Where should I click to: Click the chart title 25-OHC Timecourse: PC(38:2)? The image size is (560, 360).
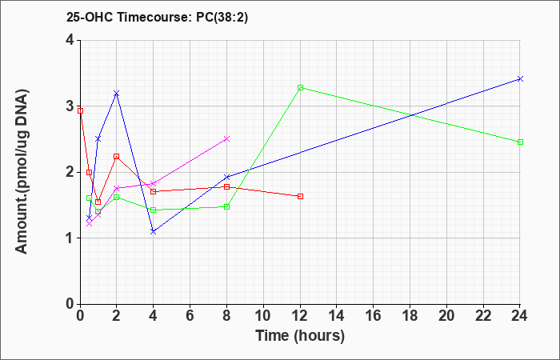point(157,18)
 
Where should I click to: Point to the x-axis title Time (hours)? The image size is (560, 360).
point(300,336)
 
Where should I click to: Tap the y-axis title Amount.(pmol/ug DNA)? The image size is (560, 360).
point(22,172)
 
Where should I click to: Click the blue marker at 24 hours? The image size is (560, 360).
point(520,79)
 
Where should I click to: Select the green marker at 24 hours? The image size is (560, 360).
point(520,142)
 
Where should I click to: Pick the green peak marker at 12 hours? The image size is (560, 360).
point(300,87)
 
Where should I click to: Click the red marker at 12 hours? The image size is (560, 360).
point(300,197)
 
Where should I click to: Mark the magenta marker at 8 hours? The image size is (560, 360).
point(226,138)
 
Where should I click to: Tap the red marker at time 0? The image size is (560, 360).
point(80,110)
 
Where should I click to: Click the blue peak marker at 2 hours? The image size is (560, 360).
point(116,94)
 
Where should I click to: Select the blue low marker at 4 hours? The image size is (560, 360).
point(154,232)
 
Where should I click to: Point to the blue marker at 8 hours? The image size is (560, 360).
point(226,177)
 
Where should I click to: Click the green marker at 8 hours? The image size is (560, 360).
point(226,206)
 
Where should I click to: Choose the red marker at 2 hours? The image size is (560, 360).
point(116,157)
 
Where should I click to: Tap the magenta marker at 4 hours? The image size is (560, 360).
point(154,183)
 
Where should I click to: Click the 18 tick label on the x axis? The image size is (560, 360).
point(410,316)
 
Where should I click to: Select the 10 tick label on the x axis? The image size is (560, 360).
point(263,316)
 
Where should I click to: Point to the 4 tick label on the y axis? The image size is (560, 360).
point(70,40)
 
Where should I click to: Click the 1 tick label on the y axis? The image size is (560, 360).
point(70,238)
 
